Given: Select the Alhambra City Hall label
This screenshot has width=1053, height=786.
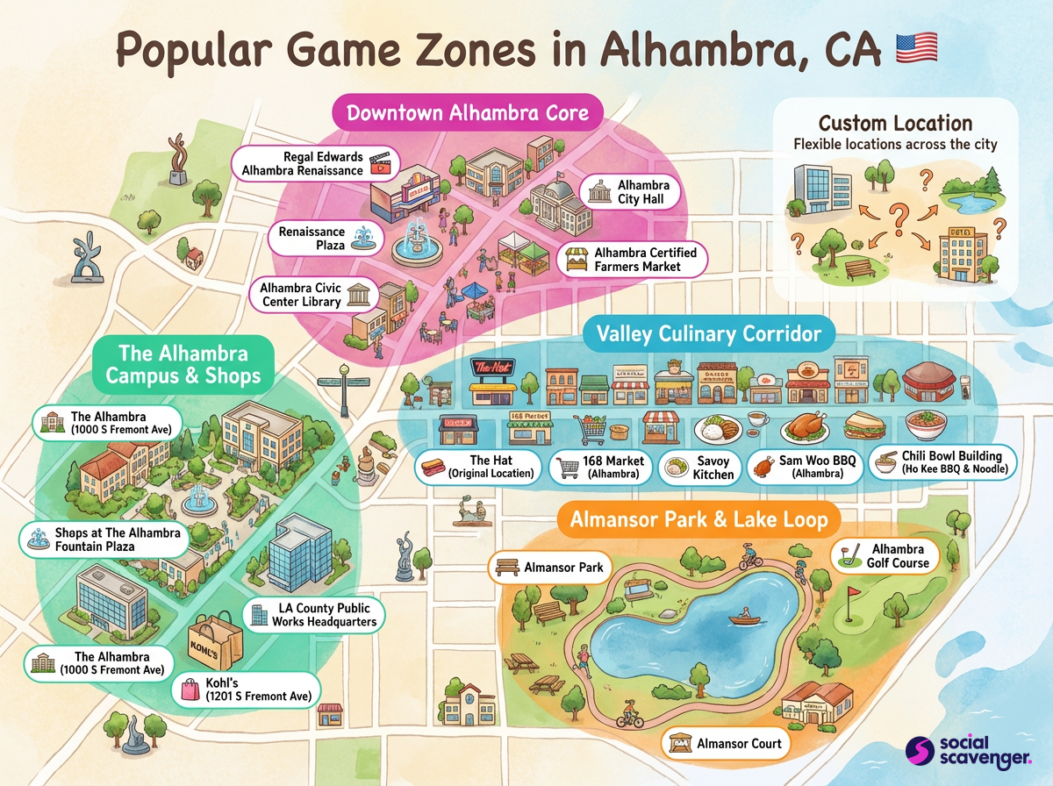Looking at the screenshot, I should (629, 192).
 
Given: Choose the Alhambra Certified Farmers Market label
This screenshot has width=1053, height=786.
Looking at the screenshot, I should (632, 259).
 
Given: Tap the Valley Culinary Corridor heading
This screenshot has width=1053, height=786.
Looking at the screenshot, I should (708, 333).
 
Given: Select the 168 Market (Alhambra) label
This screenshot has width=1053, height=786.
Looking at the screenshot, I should (599, 468).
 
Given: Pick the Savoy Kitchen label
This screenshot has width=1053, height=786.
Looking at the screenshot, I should (698, 468).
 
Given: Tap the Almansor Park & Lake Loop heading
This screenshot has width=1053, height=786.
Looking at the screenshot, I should (698, 519).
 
